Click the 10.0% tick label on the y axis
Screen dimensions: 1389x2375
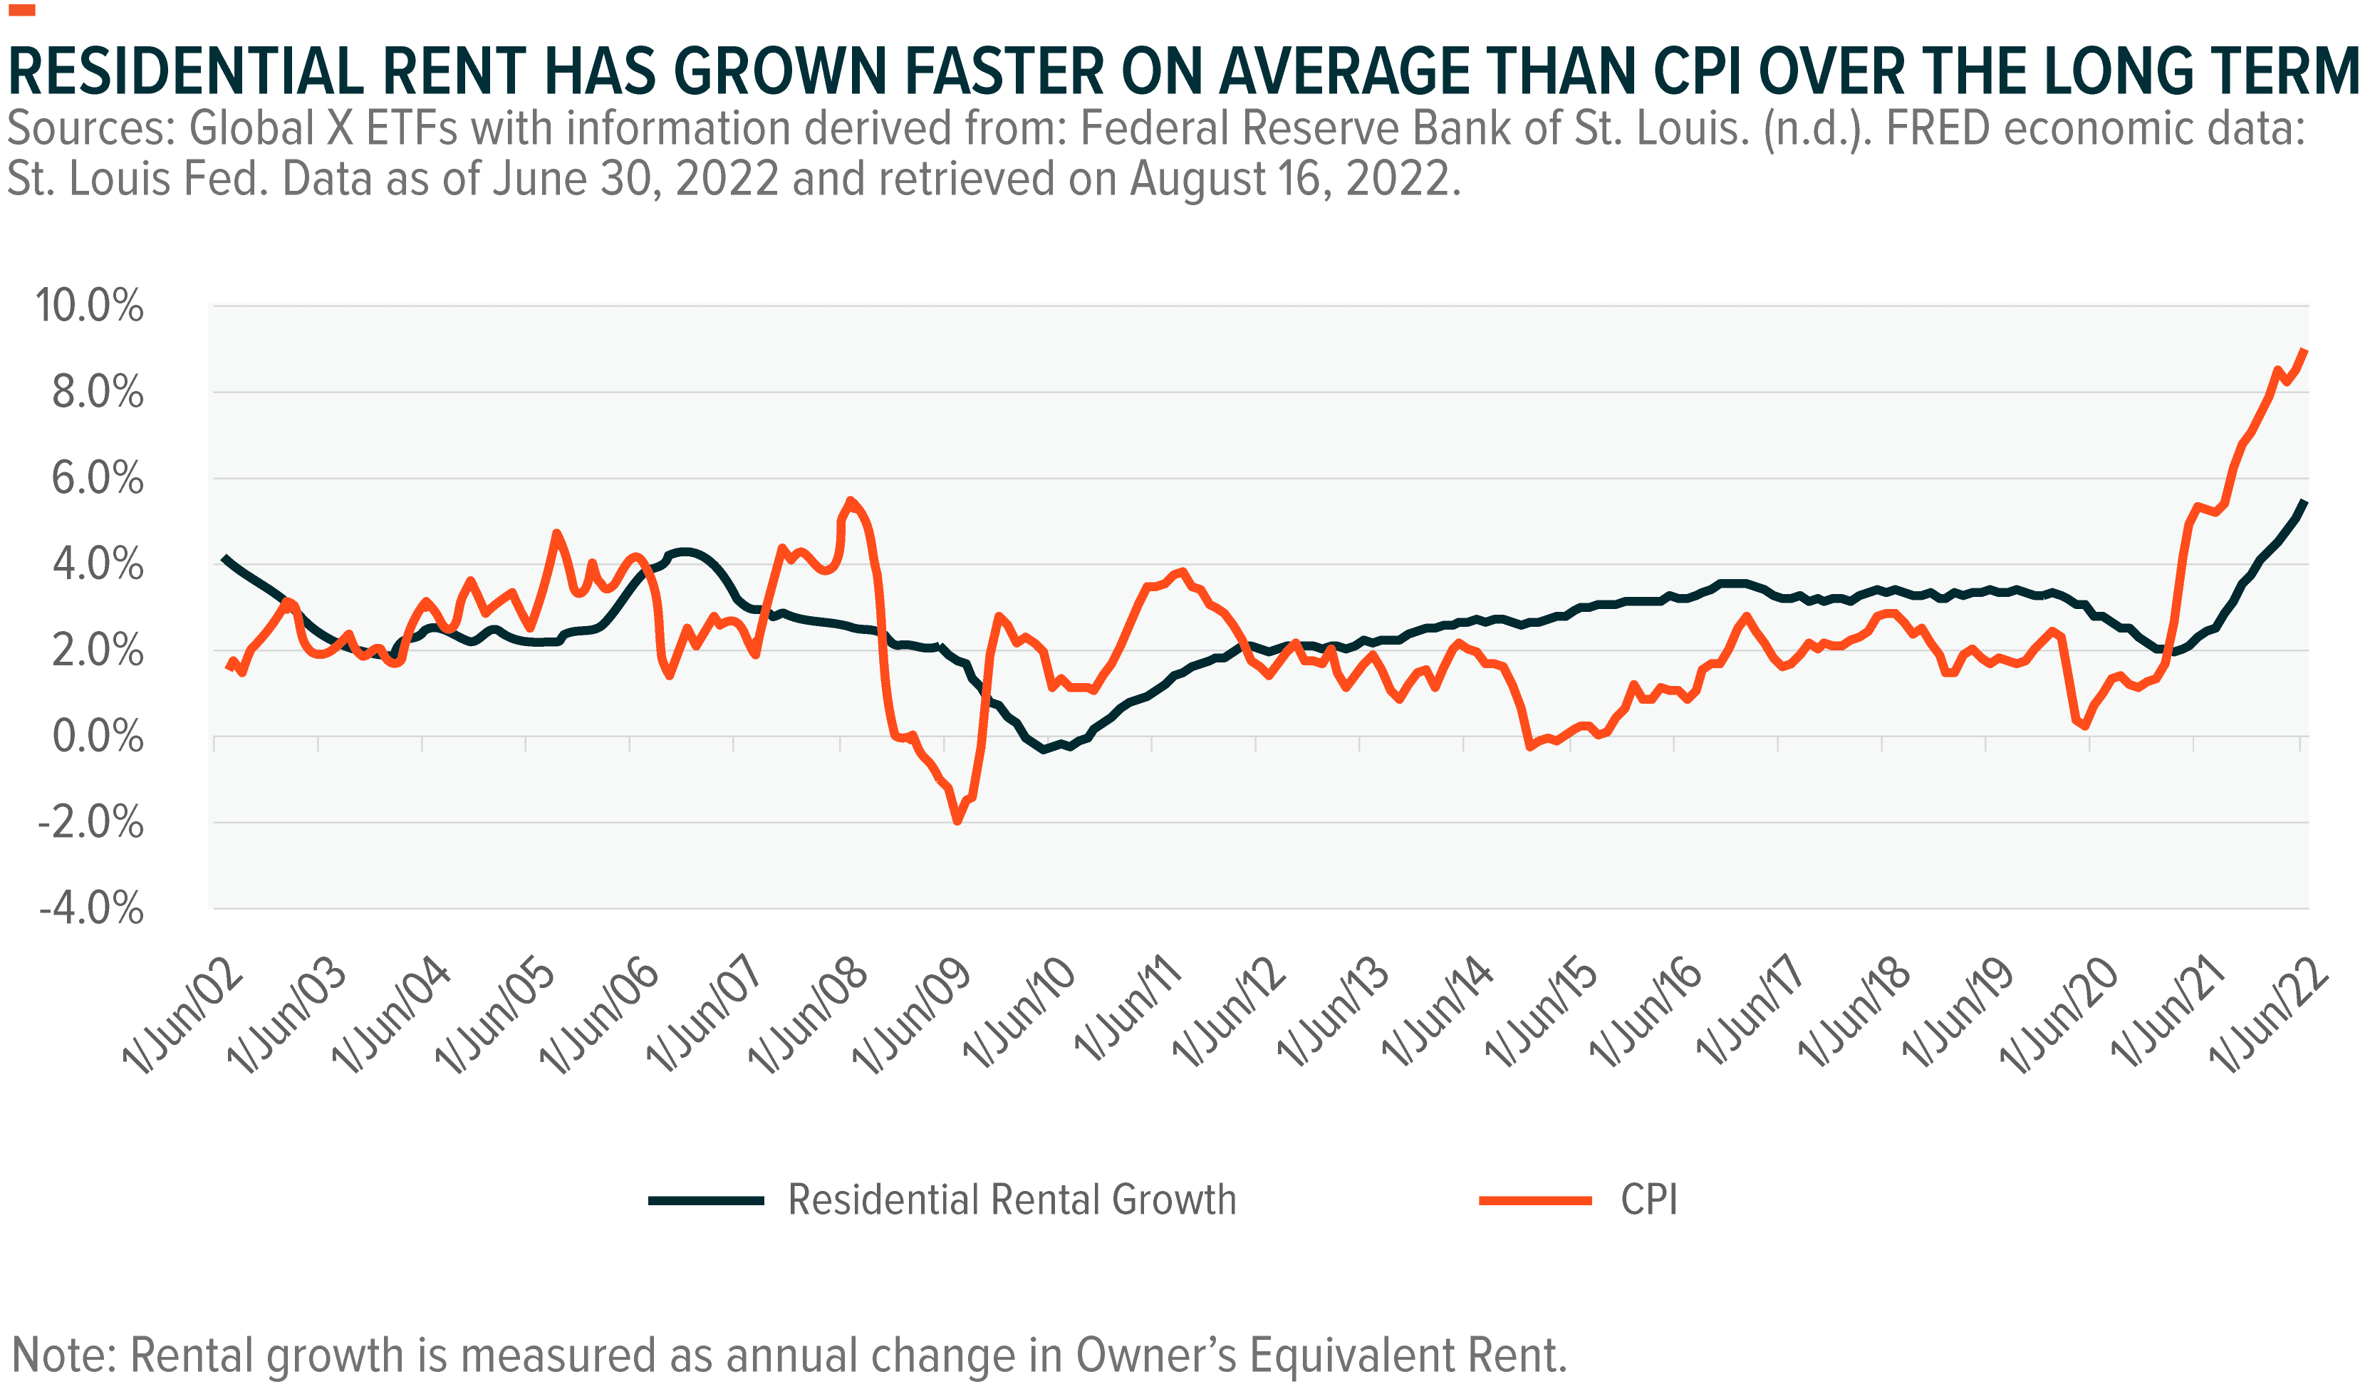tap(90, 306)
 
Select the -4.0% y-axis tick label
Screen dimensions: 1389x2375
tap(90, 908)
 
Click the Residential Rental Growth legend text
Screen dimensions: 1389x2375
tap(1012, 1200)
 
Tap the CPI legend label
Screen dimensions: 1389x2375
tap(1648, 1200)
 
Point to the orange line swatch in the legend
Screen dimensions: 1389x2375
tap(1535, 1200)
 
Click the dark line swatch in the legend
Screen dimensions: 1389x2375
tap(706, 1200)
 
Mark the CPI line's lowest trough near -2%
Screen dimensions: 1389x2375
tap(957, 821)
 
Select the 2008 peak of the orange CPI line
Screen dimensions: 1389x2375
tap(850, 501)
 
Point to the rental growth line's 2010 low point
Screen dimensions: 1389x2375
tap(1044, 749)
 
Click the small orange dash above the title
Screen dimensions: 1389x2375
tap(21, 11)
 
